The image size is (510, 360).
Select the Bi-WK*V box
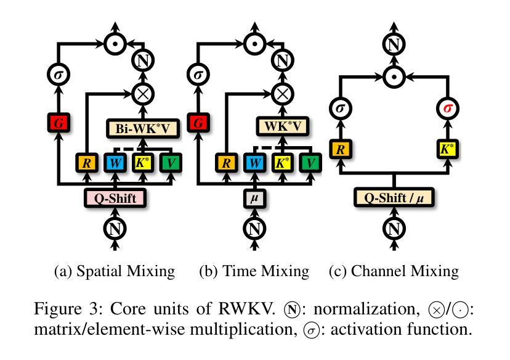[x=142, y=129]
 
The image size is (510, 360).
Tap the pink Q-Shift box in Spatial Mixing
[x=115, y=198]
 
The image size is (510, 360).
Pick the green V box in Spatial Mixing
[x=171, y=163]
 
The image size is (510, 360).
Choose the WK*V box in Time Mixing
[x=281, y=128]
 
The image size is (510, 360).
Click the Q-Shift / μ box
[x=393, y=198]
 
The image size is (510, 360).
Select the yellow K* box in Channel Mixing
[x=445, y=148]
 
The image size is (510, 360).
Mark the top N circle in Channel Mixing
[x=393, y=44]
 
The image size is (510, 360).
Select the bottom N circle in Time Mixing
[x=254, y=228]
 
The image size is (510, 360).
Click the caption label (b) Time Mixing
[x=254, y=271]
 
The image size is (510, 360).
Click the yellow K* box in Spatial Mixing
[x=143, y=163]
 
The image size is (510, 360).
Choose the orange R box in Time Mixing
[x=225, y=163]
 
